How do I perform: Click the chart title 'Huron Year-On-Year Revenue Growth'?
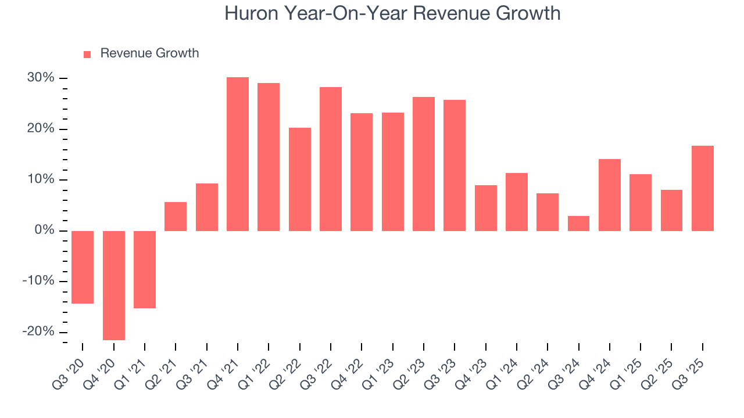tap(392, 13)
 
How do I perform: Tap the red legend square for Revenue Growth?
tap(87, 54)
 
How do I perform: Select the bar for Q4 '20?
tap(114, 285)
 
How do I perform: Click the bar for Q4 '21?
tap(238, 154)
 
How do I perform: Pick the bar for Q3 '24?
tap(578, 224)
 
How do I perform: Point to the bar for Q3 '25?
tap(702, 188)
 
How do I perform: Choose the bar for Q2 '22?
tap(300, 179)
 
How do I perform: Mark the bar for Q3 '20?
tap(83, 267)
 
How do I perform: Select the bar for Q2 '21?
tap(176, 216)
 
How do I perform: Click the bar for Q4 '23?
tap(485, 208)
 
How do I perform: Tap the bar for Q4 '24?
tap(610, 194)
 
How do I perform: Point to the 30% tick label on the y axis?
tap(40, 78)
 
